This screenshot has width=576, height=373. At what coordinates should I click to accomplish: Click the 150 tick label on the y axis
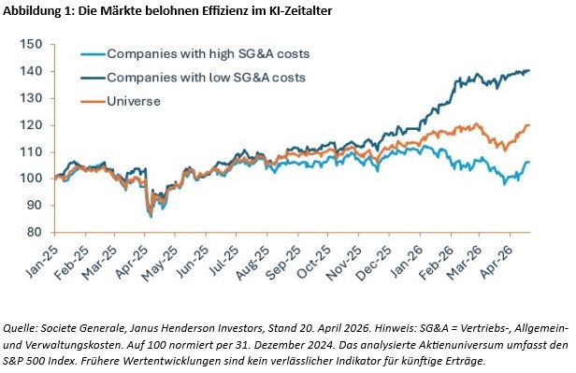point(32,45)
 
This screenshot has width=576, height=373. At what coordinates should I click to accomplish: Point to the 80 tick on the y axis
point(36,233)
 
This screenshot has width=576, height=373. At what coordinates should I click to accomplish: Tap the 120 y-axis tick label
point(32,125)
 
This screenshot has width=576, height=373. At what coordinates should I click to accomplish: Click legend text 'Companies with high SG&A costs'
point(208,54)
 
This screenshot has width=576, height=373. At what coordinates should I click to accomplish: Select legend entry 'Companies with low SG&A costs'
point(206,78)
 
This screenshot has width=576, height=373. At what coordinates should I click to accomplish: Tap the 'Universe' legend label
point(134,101)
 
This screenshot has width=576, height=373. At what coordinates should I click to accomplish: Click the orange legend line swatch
point(93,101)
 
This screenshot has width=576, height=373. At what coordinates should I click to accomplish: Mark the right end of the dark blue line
point(529,70)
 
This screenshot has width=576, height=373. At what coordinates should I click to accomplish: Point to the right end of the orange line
point(529,125)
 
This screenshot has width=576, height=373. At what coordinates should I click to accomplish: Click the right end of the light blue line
point(529,162)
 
